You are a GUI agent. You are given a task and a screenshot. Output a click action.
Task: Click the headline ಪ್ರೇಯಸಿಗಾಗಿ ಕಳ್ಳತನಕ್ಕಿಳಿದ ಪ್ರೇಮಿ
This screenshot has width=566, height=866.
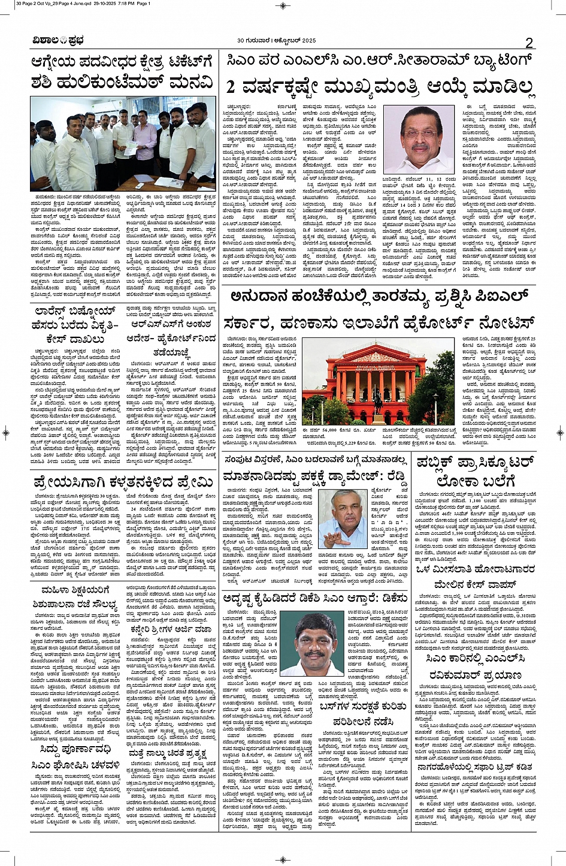tap(123, 481)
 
